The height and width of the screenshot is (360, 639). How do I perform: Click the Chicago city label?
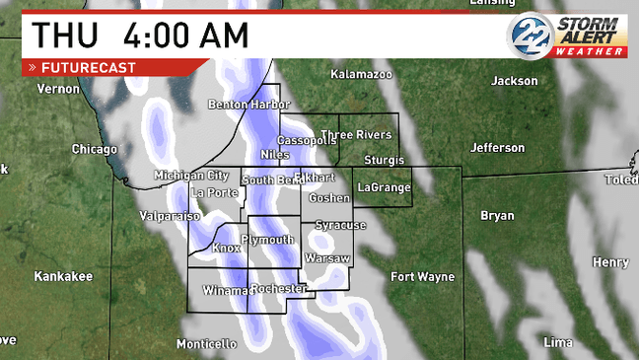(x=95, y=149)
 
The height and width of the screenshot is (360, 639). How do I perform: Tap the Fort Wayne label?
(x=422, y=276)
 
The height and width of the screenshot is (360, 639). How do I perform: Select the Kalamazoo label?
(x=361, y=74)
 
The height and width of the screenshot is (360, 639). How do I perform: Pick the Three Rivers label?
(x=356, y=134)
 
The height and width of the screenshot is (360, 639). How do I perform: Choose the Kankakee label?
(x=63, y=276)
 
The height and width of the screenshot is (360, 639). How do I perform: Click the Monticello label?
(x=206, y=344)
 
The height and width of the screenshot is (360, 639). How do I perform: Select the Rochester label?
(x=278, y=288)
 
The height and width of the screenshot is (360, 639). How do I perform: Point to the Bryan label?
(x=497, y=215)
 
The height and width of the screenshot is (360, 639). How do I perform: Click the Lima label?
(x=558, y=342)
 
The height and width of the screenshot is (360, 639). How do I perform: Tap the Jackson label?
(x=514, y=80)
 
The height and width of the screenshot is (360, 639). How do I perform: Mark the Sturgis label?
(x=384, y=159)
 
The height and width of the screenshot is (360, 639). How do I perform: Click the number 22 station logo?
(x=529, y=36)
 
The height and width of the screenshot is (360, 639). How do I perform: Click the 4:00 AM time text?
(x=186, y=35)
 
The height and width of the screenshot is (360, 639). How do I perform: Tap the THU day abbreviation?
(x=66, y=35)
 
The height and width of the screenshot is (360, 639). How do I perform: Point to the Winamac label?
(x=226, y=291)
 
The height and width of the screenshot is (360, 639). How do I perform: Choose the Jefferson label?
(x=497, y=148)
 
